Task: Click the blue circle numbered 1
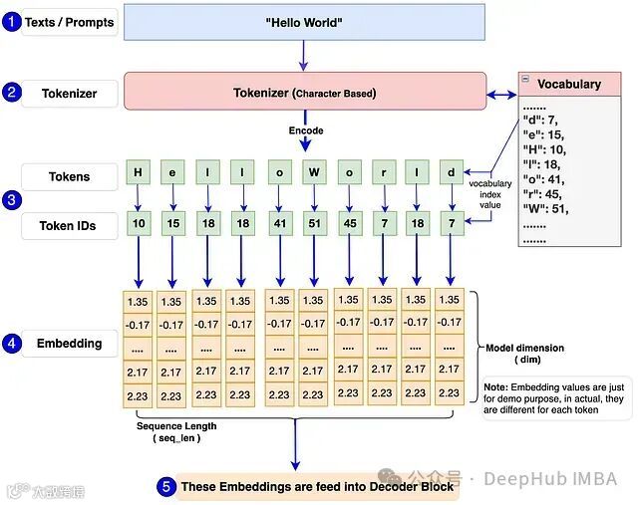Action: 11,22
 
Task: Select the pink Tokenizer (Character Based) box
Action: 305,93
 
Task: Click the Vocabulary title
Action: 569,84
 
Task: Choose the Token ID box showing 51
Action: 314,225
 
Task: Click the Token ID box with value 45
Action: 349,225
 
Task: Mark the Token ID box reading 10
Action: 138,225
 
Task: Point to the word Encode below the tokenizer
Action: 306,130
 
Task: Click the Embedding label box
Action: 70,344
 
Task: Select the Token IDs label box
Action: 70,226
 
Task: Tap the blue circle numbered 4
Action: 11,344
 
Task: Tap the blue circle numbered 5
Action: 166,486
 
